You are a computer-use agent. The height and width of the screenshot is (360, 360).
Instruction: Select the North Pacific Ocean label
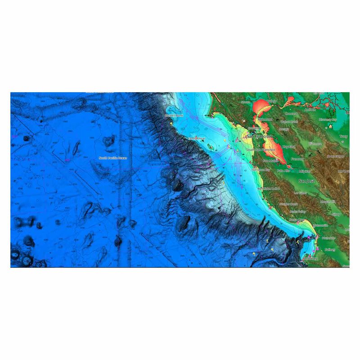pos(110,158)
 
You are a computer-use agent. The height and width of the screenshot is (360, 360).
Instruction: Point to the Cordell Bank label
pos(174,116)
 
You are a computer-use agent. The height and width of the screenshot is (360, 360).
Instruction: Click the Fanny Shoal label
pos(197,139)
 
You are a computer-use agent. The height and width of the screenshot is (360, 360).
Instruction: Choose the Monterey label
pos(310,259)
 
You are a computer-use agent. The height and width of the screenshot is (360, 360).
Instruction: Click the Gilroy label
pos(335,215)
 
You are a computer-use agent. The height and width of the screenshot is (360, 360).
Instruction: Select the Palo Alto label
pos(283,171)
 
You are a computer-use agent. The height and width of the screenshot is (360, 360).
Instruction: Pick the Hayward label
pos(289,147)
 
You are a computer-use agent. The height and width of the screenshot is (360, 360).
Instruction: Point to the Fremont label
pos(298,159)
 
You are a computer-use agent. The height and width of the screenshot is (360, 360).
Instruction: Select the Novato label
pos(245,102)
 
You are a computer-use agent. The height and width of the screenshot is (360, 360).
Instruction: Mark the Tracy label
pos(344,136)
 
